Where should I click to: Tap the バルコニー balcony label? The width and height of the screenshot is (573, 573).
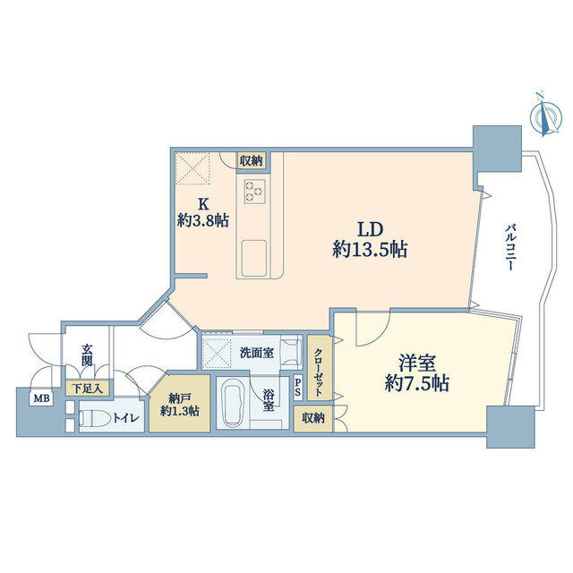[x=511, y=247]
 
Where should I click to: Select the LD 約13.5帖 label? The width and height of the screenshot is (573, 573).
[x=370, y=240]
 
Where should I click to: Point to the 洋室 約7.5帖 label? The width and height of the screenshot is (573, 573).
[x=417, y=373]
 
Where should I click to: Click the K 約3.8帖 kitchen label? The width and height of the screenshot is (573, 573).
[x=203, y=212]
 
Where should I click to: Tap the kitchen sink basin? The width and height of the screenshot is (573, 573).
[x=254, y=257]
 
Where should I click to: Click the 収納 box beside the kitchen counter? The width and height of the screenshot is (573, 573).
[x=252, y=161]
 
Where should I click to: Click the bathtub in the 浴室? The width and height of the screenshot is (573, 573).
[x=232, y=402]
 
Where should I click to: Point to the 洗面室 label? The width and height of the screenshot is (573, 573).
[x=257, y=353]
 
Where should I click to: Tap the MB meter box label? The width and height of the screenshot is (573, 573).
[x=42, y=398]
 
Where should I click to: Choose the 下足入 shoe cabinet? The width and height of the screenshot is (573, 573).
[x=88, y=388]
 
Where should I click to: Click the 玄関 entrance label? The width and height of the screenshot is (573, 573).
[x=86, y=355]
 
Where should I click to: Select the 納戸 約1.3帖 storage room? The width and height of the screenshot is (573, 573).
[x=180, y=403]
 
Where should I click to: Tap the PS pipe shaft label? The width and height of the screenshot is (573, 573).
[x=298, y=388]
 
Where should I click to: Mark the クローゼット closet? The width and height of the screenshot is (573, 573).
[x=320, y=368]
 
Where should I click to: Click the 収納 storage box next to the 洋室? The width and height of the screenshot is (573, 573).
[x=313, y=418]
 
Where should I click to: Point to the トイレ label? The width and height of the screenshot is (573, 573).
[x=125, y=418]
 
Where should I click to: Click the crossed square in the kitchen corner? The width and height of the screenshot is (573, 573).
[x=192, y=167]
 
